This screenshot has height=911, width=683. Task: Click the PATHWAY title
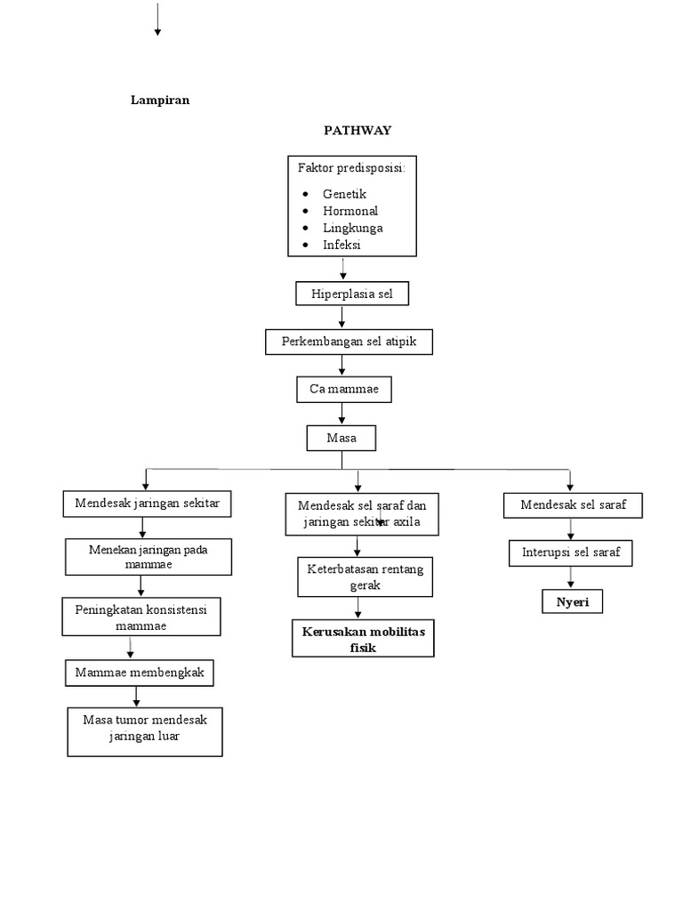pyautogui.click(x=357, y=130)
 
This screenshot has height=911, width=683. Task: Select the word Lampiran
pyautogui.click(x=160, y=101)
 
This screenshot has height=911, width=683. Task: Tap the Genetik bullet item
pyautogui.click(x=344, y=193)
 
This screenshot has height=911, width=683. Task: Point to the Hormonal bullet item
pyautogui.click(x=350, y=211)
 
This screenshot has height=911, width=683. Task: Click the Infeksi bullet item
pyautogui.click(x=342, y=245)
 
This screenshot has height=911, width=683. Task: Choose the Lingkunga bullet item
pyautogui.click(x=352, y=228)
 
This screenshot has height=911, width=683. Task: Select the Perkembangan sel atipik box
pyautogui.click(x=350, y=342)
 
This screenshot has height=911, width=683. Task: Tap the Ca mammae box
pyautogui.click(x=342, y=390)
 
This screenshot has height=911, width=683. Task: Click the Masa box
pyautogui.click(x=341, y=438)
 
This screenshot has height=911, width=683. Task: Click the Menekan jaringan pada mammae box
pyautogui.click(x=148, y=557)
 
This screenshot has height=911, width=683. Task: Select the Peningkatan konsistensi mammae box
pyautogui.click(x=141, y=616)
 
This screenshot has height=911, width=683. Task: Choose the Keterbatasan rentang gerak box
pyautogui.click(x=365, y=576)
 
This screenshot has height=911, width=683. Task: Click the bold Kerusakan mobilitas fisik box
pyautogui.click(x=363, y=639)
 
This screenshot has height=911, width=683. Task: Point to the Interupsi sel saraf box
pyautogui.click(x=571, y=553)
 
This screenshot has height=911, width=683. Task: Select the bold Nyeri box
pyautogui.click(x=573, y=602)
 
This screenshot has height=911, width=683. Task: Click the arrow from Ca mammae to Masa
pyautogui.click(x=342, y=414)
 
